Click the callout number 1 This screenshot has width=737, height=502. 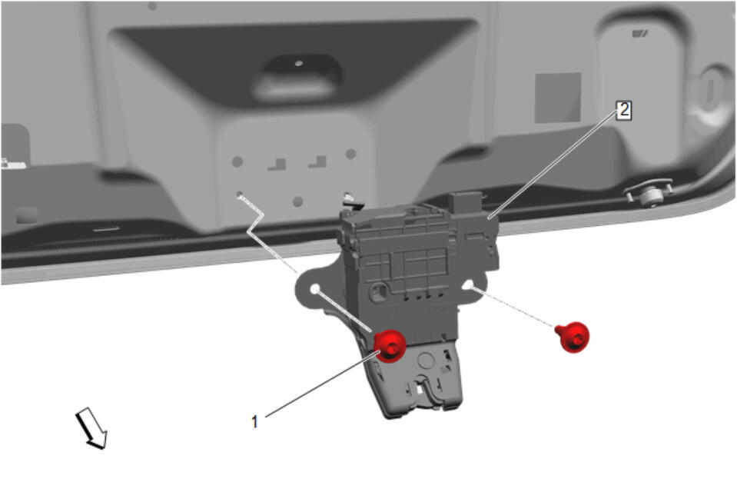click(254, 421)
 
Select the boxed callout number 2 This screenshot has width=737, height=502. click(624, 110)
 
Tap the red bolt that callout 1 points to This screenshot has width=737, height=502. click(390, 346)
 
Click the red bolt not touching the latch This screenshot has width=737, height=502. click(573, 337)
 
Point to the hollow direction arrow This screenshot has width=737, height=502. click(91, 427)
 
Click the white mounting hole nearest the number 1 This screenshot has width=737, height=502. click(315, 288)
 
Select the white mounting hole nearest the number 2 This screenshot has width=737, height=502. click(468, 284)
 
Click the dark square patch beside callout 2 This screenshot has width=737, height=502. click(558, 98)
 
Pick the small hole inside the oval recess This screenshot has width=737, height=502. click(298, 63)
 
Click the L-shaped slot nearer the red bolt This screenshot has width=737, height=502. click(277, 165)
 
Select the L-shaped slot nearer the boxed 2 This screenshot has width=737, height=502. click(317, 161)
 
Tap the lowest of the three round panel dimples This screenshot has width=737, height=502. click(297, 201)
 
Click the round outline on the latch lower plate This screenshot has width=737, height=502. click(426, 361)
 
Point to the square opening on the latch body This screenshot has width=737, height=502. click(378, 292)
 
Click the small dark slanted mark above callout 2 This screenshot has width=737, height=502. click(639, 33)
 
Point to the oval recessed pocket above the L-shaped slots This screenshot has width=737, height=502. click(297, 77)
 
